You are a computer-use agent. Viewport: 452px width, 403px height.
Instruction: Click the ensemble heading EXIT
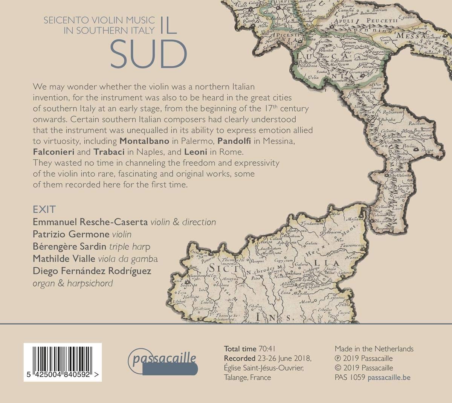click(x=44, y=209)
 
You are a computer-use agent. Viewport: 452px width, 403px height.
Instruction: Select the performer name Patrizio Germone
click(x=72, y=234)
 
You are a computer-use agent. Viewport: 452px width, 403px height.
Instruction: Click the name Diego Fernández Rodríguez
click(x=92, y=271)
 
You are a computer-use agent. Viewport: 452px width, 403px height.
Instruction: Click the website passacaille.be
click(x=389, y=377)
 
